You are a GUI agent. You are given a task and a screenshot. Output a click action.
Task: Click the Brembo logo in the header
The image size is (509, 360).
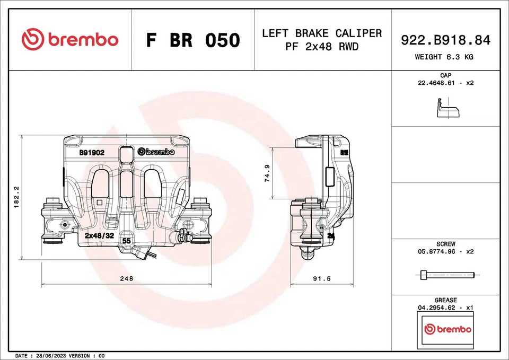tap(70, 40)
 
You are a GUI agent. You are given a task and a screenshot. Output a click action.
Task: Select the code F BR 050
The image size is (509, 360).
tap(193, 40)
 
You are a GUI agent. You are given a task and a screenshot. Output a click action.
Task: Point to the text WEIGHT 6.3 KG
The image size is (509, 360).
tap(444, 57)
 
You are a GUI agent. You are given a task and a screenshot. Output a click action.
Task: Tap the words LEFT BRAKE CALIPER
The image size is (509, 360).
tap(322, 33)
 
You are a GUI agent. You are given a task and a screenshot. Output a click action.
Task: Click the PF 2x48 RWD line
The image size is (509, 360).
tap(322, 47)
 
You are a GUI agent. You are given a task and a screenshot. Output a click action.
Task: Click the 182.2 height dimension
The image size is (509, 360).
tap(16, 197)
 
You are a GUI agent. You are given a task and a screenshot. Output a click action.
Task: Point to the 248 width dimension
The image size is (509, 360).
tap(126, 278)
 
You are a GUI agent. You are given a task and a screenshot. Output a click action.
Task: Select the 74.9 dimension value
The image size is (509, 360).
tap(267, 173)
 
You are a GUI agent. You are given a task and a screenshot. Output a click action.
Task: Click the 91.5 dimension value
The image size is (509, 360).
tap(322, 278)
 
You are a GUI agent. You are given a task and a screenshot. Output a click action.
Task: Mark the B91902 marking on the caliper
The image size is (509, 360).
tap(92, 152)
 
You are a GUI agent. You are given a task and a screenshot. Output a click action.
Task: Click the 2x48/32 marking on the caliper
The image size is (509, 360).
tap(99, 235)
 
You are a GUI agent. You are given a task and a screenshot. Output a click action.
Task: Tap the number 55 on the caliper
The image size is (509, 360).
tap(126, 241)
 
